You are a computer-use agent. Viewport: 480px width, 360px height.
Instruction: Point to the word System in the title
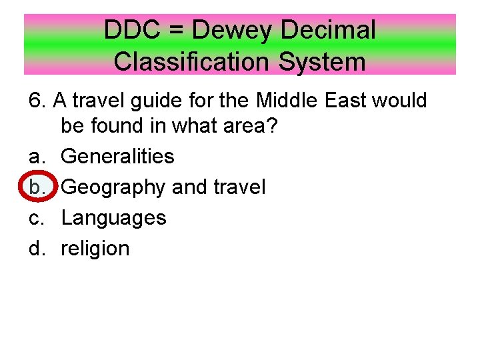coord(323,61)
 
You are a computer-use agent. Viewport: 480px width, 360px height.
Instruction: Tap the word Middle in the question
coord(289,101)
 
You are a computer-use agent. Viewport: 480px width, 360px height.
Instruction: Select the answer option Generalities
coord(117,157)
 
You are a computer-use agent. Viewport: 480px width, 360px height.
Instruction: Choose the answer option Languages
coord(113,218)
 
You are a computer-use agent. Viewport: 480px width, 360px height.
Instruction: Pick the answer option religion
coord(95,249)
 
